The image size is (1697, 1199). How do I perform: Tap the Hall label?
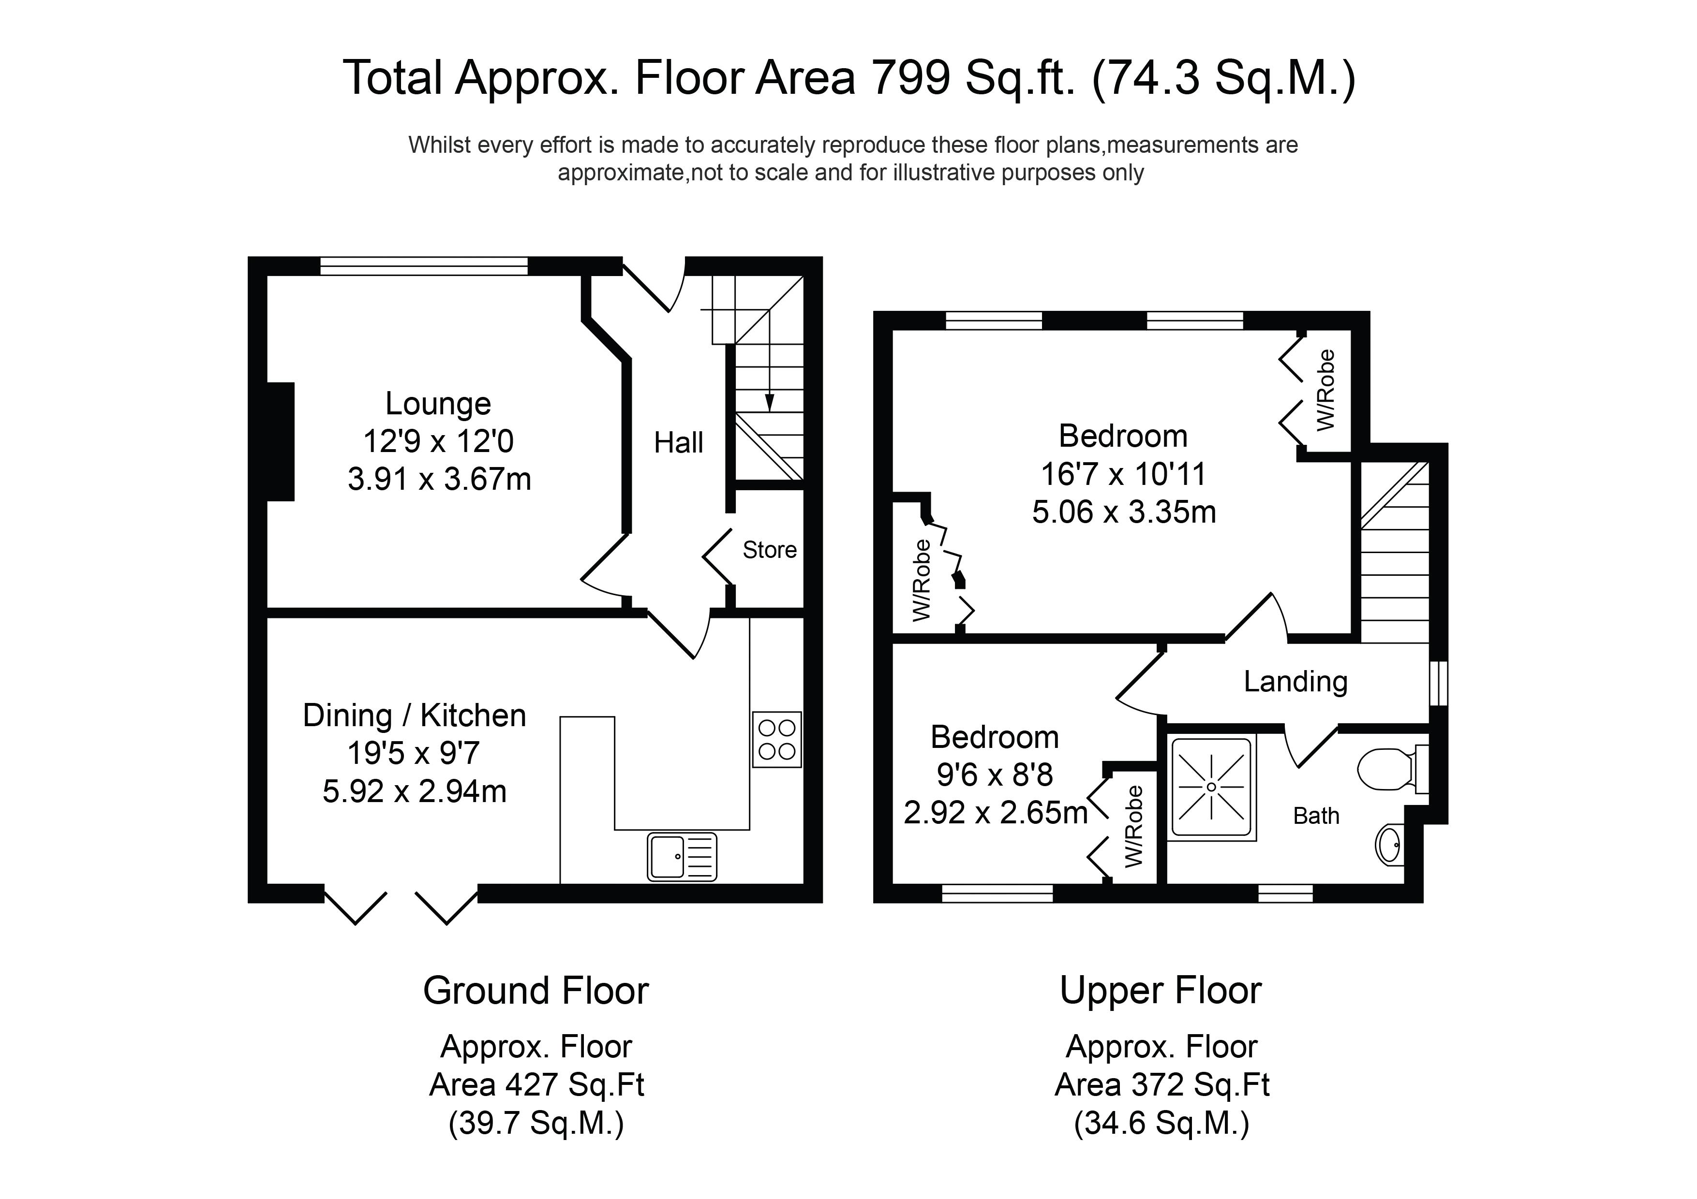(679, 443)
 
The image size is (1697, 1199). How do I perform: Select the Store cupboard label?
(770, 550)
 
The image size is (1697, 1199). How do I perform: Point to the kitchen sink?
(682, 857)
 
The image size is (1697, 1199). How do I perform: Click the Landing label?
(1295, 682)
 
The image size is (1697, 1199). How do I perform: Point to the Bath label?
(1316, 816)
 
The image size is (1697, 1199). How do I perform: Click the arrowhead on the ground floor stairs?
(770, 403)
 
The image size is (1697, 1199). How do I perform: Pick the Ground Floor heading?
(536, 991)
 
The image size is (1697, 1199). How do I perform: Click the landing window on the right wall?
(1438, 683)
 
